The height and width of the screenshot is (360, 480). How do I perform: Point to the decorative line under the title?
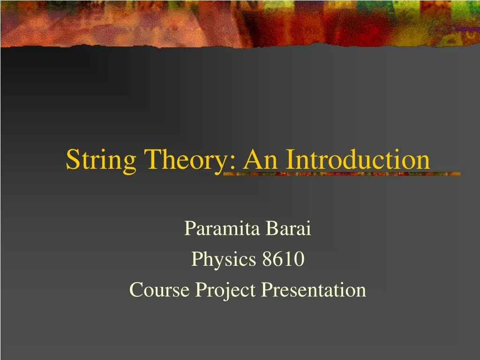(342, 174)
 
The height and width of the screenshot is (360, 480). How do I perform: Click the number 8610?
(283, 259)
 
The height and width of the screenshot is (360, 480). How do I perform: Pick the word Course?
(160, 290)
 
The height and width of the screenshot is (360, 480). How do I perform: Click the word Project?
(225, 291)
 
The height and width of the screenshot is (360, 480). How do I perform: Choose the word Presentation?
(314, 290)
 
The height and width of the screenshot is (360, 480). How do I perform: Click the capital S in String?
(72, 159)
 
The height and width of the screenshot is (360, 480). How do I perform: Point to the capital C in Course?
(135, 290)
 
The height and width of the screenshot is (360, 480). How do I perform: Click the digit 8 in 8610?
(267, 259)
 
